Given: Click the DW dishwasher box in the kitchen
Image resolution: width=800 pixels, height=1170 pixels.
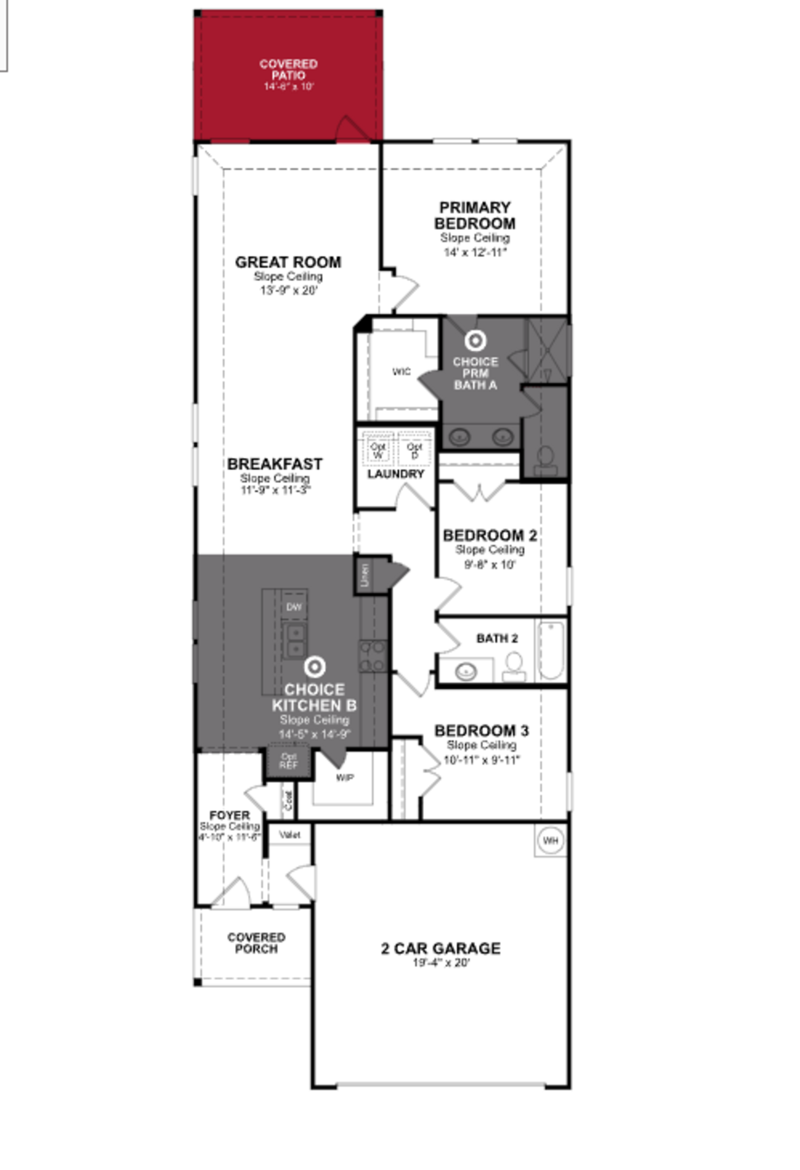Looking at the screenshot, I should click(x=294, y=607).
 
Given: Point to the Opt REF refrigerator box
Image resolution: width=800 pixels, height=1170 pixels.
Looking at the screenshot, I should click(x=289, y=761).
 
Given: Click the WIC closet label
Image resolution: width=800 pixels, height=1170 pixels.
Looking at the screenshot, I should click(x=401, y=372).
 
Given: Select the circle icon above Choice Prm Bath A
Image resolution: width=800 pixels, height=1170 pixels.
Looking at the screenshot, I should click(x=475, y=341).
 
